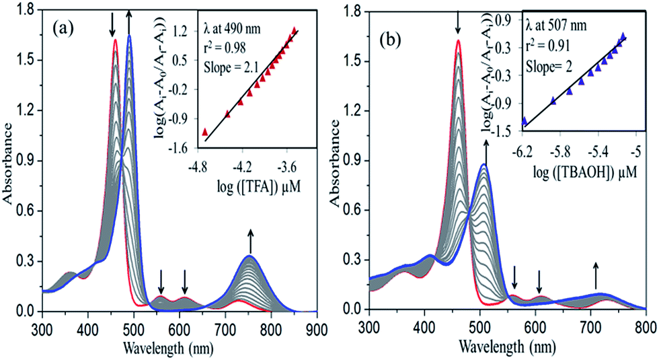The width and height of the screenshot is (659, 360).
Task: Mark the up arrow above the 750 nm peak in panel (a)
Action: [x=251, y=240]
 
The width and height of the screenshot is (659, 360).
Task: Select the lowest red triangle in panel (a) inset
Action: [x=205, y=132]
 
